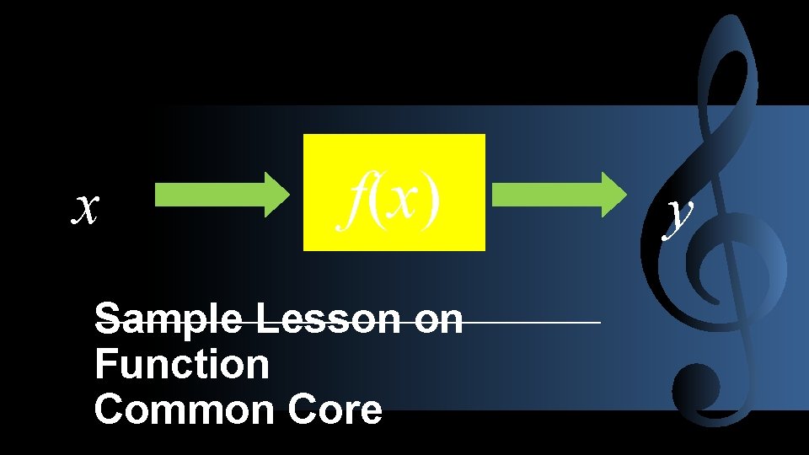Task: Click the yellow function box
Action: click(x=394, y=192)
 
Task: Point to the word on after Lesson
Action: click(x=439, y=320)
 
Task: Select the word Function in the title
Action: click(x=182, y=365)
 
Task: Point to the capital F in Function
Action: click(x=106, y=365)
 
